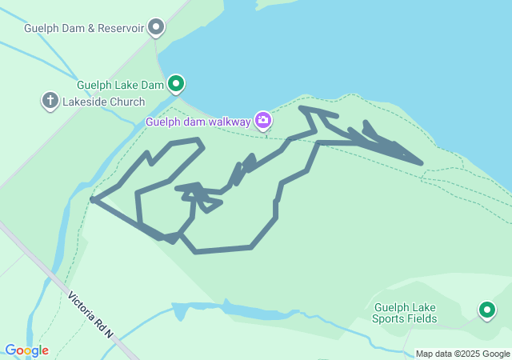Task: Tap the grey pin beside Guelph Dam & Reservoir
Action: tap(157, 28)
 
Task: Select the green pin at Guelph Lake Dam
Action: tap(176, 82)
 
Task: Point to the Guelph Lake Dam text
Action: tap(121, 84)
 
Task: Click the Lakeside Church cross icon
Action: tap(50, 101)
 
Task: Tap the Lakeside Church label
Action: tap(105, 102)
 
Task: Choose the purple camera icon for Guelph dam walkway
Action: tap(263, 121)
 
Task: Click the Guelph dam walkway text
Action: tap(198, 122)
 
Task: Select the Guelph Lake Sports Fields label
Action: tap(405, 313)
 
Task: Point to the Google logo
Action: tap(26, 350)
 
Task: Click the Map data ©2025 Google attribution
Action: tap(462, 354)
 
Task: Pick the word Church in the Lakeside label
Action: tap(126, 102)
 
